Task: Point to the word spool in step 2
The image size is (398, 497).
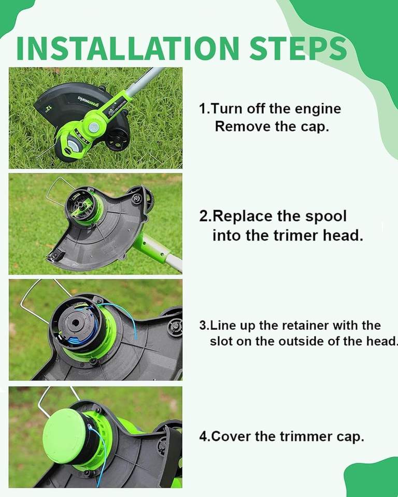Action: (x=326, y=217)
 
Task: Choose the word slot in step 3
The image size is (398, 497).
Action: (x=221, y=341)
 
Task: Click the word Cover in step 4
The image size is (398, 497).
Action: (x=231, y=436)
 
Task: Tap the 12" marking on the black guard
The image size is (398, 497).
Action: (x=48, y=109)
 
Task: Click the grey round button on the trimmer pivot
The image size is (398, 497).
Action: (x=94, y=127)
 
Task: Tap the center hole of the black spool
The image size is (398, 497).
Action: (x=75, y=323)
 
